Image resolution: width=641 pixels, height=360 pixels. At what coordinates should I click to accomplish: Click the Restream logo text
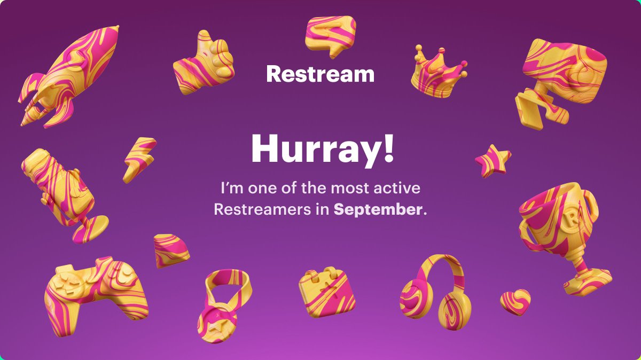click(x=320, y=74)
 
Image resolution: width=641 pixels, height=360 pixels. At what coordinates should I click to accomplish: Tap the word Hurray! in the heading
click(x=323, y=150)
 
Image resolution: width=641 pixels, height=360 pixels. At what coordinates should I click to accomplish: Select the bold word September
click(x=378, y=209)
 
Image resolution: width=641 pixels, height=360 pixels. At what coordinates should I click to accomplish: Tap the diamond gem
click(x=171, y=249)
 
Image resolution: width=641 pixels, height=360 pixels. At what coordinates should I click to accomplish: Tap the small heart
click(x=515, y=302)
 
